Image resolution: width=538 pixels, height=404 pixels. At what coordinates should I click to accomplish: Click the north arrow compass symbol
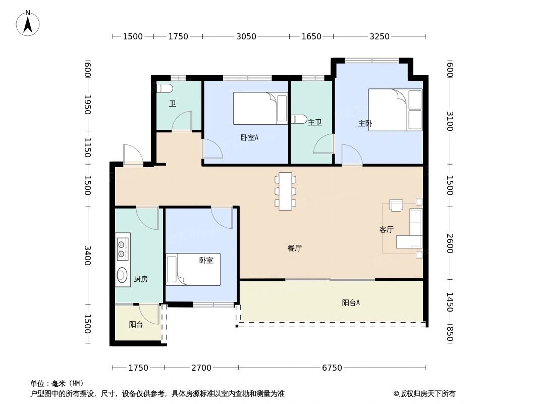click(28, 23)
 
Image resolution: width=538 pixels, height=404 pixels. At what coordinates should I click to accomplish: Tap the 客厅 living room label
click(386, 230)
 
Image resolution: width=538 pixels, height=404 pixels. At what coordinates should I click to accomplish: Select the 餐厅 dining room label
click(295, 248)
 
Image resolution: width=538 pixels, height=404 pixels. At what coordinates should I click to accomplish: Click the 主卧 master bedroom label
click(365, 123)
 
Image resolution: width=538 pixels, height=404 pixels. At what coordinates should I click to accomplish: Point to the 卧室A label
click(249, 137)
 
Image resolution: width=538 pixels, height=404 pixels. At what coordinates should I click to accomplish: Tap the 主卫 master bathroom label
click(314, 122)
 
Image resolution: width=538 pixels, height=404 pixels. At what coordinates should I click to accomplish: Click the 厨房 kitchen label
click(141, 279)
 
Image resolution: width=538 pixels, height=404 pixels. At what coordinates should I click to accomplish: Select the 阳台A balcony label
click(351, 303)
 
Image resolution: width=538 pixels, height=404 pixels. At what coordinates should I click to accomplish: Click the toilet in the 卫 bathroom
click(165, 89)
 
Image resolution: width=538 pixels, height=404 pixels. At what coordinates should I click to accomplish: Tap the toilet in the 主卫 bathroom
click(299, 119)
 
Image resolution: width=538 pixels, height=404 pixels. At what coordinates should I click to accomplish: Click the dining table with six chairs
click(286, 191)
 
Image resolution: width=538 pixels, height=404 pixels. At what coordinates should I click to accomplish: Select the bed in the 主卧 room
click(395, 110)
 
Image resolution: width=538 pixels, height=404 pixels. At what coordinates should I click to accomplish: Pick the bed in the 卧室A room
click(260, 108)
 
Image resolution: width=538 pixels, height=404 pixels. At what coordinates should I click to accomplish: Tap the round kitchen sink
click(122, 275)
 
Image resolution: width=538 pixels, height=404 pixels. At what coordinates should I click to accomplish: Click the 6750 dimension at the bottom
click(332, 368)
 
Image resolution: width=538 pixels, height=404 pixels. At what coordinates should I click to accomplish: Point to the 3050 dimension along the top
click(246, 36)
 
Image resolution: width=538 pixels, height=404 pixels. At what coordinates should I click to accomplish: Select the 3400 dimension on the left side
click(88, 256)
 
